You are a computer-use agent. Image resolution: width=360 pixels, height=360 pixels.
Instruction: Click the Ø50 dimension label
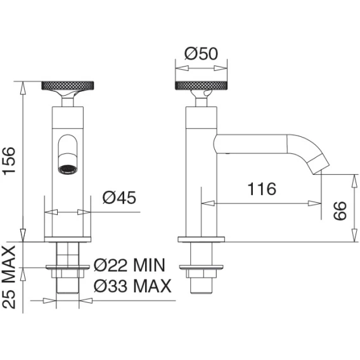tap(201, 54)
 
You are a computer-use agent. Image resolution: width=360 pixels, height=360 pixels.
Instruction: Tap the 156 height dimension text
tap(9, 161)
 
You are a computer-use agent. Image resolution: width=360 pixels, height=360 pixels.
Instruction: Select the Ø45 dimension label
tap(119, 198)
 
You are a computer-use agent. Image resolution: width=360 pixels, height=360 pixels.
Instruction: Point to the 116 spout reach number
tap(262, 189)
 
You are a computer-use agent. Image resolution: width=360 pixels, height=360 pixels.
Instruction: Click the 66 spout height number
tap(340, 211)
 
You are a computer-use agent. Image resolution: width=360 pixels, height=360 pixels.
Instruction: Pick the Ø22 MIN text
tap(129, 265)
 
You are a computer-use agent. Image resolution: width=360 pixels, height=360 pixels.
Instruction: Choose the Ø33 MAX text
tap(132, 285)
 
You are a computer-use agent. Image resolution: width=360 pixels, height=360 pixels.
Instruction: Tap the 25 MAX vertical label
tap(9, 277)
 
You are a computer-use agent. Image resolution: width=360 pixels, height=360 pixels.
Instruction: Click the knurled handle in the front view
tap(68, 86)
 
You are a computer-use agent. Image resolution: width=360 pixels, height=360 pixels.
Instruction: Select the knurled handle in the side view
tap(201, 86)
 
